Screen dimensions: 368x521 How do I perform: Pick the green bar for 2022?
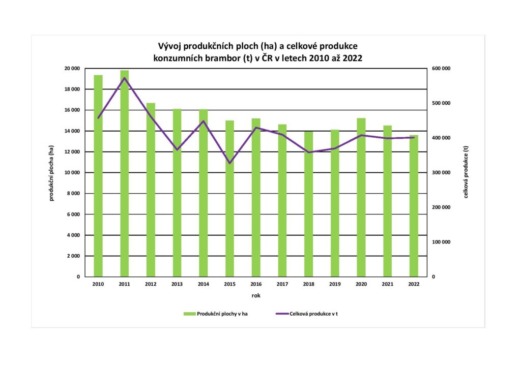[x=414, y=206]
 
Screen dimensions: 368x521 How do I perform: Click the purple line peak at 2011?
[x=125, y=78]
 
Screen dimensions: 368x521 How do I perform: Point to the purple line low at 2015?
[x=229, y=163]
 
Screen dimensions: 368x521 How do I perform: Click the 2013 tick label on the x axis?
[x=177, y=285]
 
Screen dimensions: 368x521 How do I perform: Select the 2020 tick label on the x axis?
[x=361, y=285]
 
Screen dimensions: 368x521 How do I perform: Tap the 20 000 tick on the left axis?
[x=72, y=69]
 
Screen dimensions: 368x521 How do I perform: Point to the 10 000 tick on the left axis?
[x=72, y=173]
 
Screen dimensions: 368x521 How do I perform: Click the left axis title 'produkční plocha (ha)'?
[x=51, y=173]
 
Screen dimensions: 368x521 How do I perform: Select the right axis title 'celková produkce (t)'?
[x=466, y=173]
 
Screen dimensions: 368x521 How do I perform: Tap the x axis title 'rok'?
[x=256, y=295]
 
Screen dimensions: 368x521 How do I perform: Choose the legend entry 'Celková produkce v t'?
[x=313, y=314]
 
